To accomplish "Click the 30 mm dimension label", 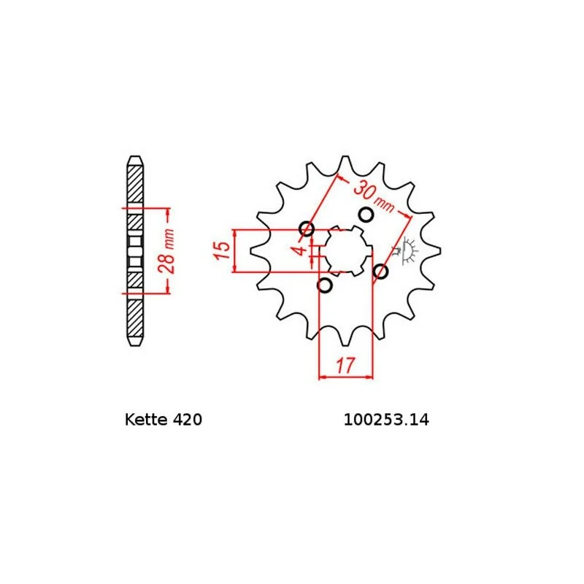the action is click(374, 196).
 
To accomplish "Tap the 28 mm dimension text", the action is click(166, 251).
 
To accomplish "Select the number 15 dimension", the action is click(221, 250).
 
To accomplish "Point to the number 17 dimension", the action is click(345, 366).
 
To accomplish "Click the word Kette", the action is click(146, 419).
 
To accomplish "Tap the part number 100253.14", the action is click(386, 420).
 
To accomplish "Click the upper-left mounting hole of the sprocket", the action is click(307, 228).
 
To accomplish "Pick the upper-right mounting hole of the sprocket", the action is click(366, 215).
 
